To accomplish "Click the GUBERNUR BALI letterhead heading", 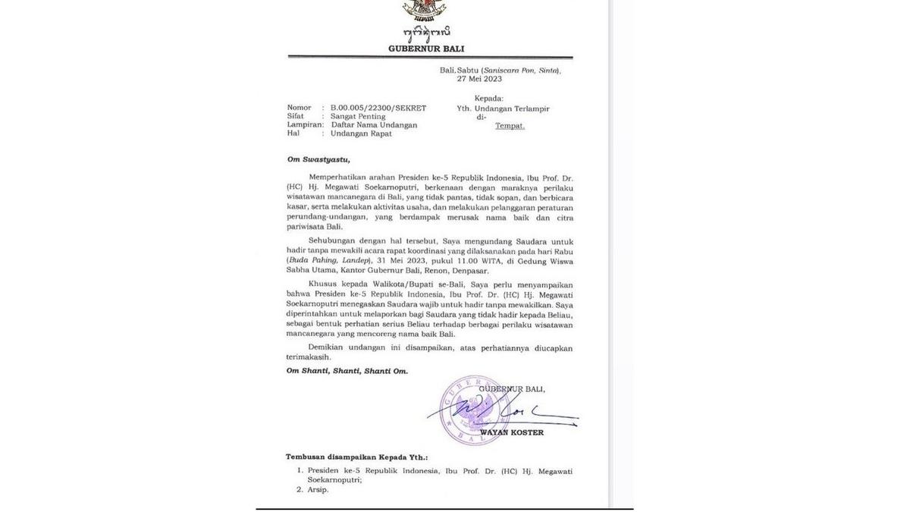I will [x=426, y=49].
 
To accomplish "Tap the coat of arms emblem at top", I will [x=425, y=9].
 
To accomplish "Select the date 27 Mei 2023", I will [x=479, y=79].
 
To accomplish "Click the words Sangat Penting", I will [x=358, y=116].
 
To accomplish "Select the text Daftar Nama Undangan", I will [x=373, y=124].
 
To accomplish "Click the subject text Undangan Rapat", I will [x=361, y=133].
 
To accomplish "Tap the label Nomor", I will [x=299, y=108].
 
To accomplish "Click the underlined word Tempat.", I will [x=510, y=126].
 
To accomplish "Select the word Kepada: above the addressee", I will [x=488, y=99].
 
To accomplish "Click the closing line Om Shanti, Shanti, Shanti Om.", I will [x=347, y=371].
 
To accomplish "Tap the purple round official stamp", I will [x=476, y=410].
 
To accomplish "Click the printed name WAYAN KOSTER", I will [x=511, y=433].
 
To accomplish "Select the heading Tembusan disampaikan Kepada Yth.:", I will [x=356, y=457].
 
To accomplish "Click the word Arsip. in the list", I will [x=318, y=490].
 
